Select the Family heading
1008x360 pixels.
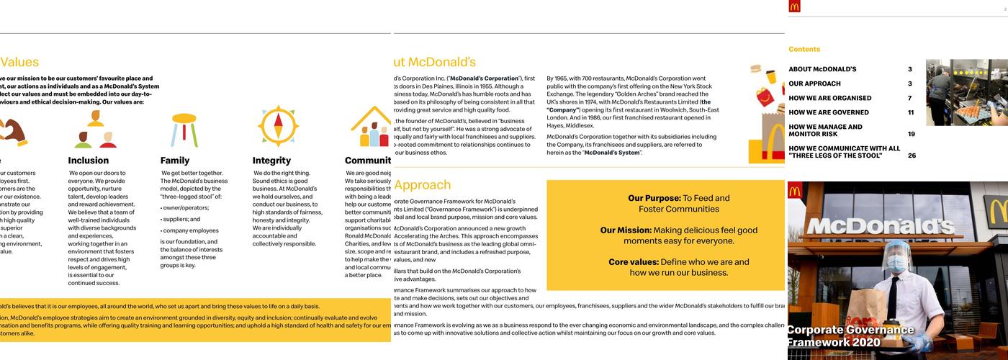tap(175, 161)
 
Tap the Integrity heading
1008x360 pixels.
tap(271, 161)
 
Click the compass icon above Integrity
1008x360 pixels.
tap(278, 127)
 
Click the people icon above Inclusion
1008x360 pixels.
tap(94, 130)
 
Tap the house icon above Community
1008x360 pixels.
tap(371, 127)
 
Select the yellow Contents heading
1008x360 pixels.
tap(804, 50)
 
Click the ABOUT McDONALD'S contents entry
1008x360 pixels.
tap(822, 69)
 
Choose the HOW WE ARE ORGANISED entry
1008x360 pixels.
tap(829, 98)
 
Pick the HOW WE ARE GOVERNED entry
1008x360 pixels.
tap(828, 112)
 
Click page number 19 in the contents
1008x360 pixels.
tap(911, 134)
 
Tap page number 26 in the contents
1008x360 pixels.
tap(911, 156)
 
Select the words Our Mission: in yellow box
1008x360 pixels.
tap(626, 230)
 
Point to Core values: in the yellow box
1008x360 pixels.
tap(633, 262)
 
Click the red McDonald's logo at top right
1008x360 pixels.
tap(794, 6)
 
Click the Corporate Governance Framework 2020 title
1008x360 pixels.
tap(850, 336)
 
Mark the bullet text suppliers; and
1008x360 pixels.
tap(181, 219)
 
